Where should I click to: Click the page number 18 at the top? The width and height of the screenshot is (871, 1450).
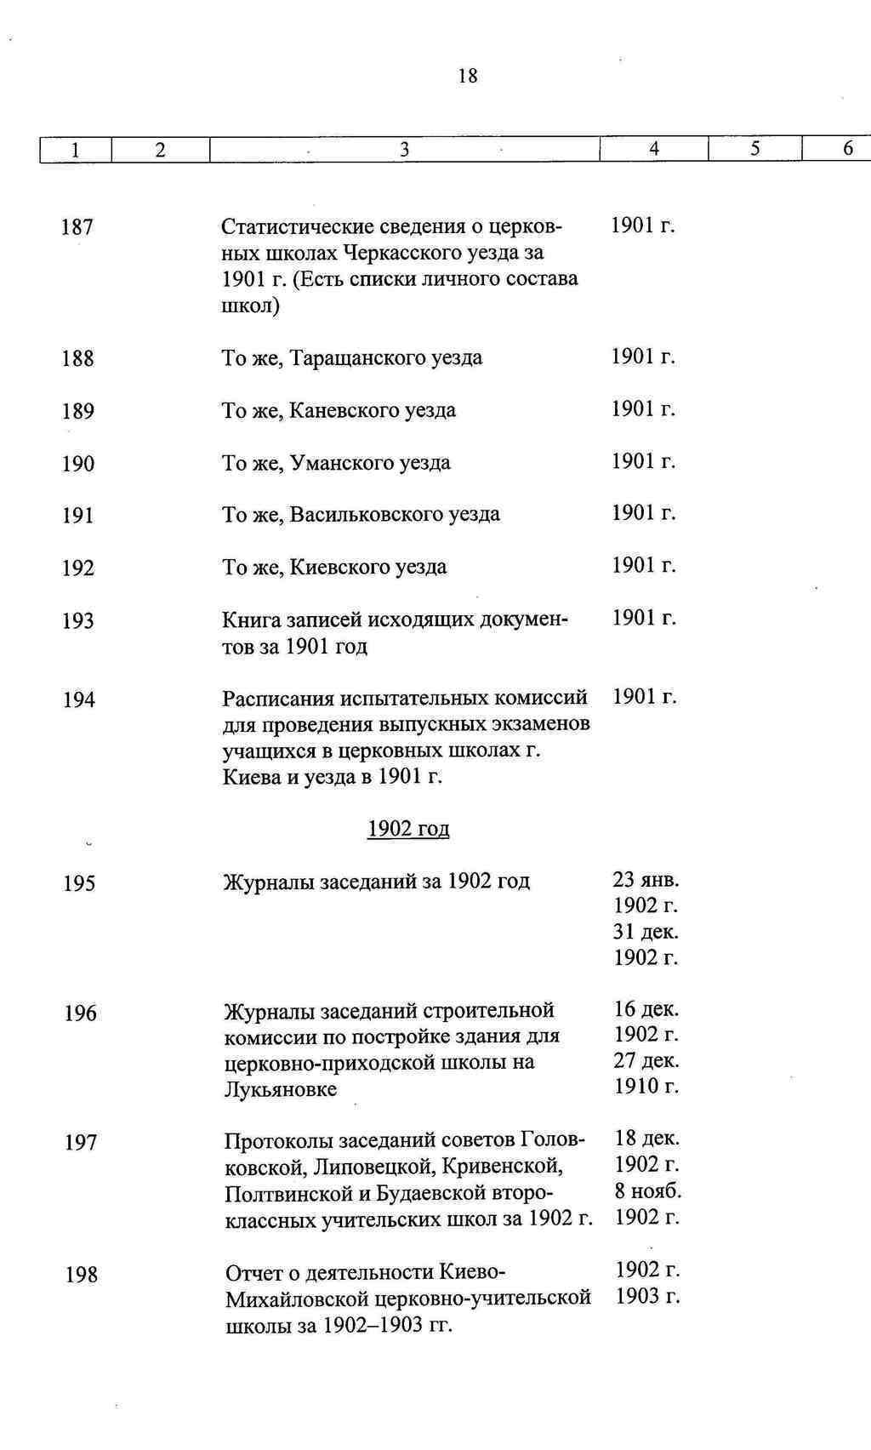468,77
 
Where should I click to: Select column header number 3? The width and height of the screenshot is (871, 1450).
405,150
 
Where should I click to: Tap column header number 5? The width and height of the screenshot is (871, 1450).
754,149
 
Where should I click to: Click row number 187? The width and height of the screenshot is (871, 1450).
77,227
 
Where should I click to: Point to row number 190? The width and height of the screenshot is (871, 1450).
78,464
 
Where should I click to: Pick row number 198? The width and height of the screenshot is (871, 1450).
82,1275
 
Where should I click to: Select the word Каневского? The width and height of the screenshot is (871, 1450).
345,411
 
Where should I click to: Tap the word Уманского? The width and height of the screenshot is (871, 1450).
344,464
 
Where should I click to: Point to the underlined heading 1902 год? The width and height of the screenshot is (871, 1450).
408,829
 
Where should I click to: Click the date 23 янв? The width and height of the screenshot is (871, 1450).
646,879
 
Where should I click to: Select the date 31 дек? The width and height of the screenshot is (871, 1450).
646,932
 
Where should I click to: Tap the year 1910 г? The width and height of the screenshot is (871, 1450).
646,1087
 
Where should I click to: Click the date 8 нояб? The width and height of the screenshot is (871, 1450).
648,1190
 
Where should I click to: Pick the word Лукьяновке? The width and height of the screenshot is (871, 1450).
280,1089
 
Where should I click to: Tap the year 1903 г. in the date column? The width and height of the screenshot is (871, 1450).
647,1297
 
